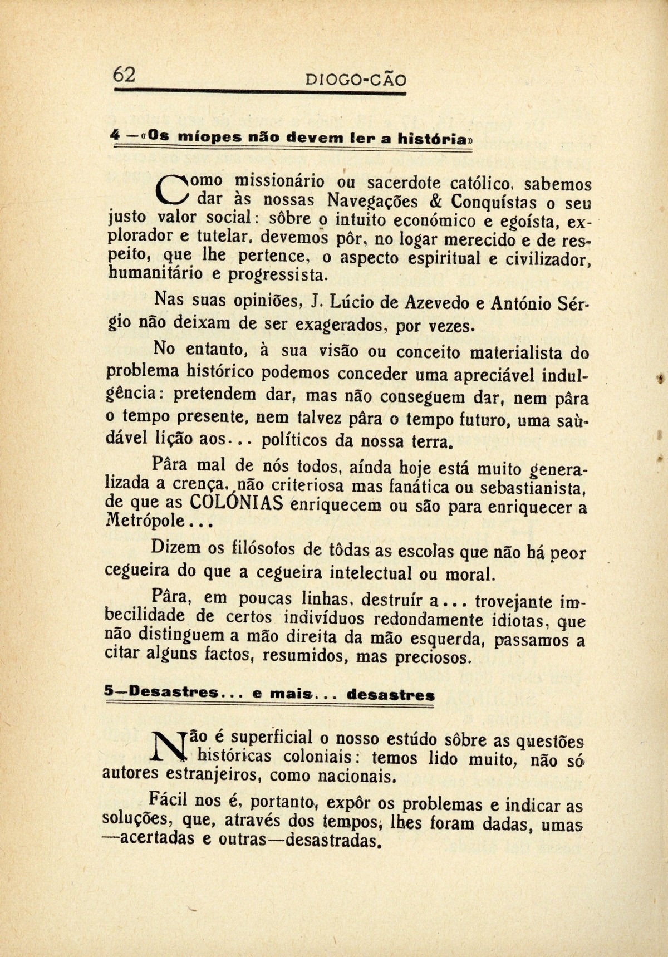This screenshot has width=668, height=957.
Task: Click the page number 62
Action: pyautogui.click(x=124, y=74)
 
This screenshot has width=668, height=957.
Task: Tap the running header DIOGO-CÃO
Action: pyautogui.click(x=356, y=80)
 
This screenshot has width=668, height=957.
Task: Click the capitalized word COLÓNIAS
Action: pyautogui.click(x=237, y=503)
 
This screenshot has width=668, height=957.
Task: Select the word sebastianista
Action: pyautogui.click(x=531, y=488)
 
